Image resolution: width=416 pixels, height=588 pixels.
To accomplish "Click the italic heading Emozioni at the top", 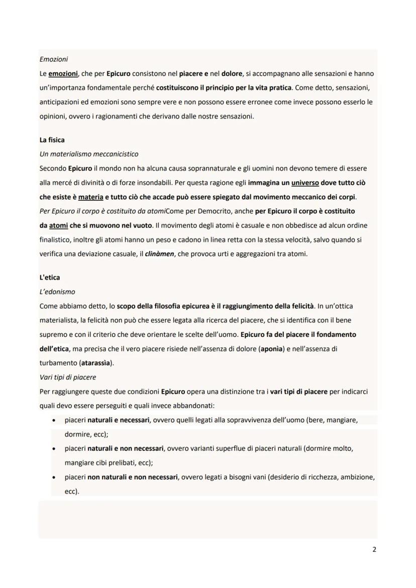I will [53, 59].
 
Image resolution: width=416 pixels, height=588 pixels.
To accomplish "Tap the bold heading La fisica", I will [52, 140].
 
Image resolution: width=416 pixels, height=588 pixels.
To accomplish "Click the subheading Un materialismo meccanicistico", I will [88, 154].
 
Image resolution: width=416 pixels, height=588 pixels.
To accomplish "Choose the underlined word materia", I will [90, 197].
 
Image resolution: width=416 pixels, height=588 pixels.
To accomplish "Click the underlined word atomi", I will [58, 225].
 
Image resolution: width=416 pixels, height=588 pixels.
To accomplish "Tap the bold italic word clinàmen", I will [159, 254].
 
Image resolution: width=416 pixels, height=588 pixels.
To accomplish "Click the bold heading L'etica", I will [50, 277].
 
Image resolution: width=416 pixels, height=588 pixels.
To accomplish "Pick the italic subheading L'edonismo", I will [57, 292].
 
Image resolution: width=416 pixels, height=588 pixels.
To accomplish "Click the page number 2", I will [374, 549].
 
